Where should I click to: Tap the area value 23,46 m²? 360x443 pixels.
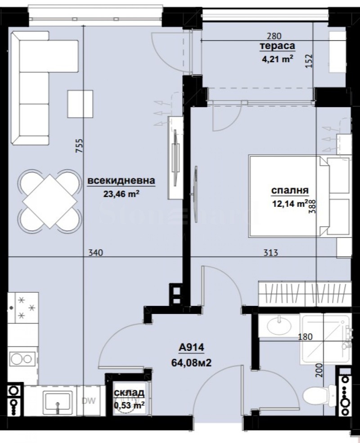(x=121, y=194)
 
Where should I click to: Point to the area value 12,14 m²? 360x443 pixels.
(x=290, y=204)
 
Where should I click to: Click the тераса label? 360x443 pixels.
(x=277, y=46)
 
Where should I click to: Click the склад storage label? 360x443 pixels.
(x=129, y=393)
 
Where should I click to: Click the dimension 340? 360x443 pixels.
(x=96, y=253)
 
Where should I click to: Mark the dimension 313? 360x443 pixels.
(x=271, y=253)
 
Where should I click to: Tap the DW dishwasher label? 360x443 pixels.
(x=88, y=401)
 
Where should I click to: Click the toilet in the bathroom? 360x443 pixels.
(x=316, y=397)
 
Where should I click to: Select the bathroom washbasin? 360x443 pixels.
(x=277, y=324)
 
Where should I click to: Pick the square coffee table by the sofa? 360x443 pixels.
(x=80, y=103)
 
